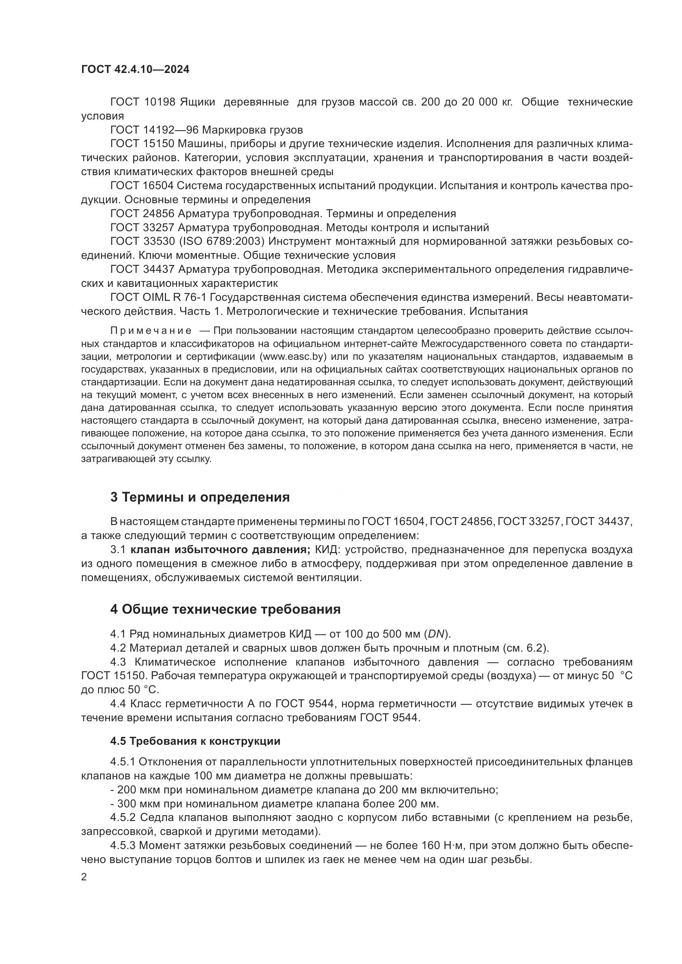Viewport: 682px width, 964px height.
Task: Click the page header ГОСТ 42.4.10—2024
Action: (135, 70)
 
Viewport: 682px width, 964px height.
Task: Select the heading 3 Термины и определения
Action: (200, 497)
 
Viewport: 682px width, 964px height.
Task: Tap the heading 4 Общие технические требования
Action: (225, 609)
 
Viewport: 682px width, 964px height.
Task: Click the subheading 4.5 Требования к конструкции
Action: (195, 741)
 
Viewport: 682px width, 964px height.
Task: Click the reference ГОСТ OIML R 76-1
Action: (158, 297)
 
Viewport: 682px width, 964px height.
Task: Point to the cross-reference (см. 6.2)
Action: (525, 648)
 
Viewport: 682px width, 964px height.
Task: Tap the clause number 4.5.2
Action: (123, 817)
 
